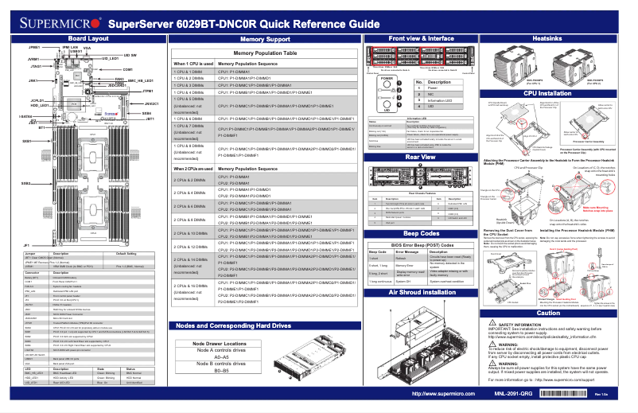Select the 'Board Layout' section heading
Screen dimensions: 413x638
88,38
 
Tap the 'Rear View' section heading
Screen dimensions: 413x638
420,157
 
